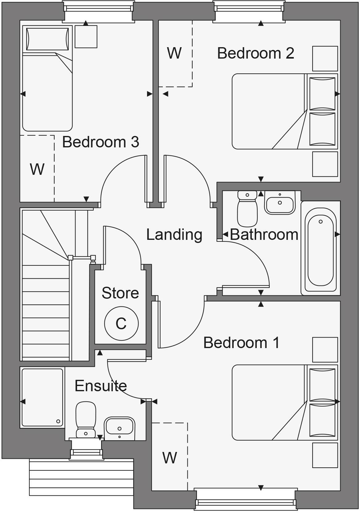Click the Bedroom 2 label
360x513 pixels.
pyautogui.click(x=256, y=53)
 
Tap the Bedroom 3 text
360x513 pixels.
pyautogui.click(x=100, y=142)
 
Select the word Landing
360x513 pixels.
pyautogui.click(x=174, y=235)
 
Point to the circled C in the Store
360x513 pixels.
pyautogui.click(x=121, y=323)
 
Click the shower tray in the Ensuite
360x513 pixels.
pyautogui.click(x=42, y=397)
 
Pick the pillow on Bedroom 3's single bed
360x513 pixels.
pyautogui.click(x=47, y=39)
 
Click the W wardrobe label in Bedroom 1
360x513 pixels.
pyautogui.click(x=170, y=458)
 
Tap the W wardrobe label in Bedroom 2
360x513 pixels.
pyautogui.click(x=174, y=53)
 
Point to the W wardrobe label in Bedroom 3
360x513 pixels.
pyautogui.click(x=37, y=169)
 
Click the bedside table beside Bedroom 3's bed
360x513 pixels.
pyautogui.click(x=86, y=36)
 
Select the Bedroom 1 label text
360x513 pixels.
pyautogui.click(x=241, y=343)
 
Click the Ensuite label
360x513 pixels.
pyautogui.click(x=101, y=386)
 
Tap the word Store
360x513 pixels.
pyautogui.click(x=120, y=293)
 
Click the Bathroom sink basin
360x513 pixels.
pyautogui.click(x=280, y=204)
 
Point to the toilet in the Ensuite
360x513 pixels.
pyautogui.click(x=86, y=419)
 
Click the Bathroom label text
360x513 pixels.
pyautogui.click(x=264, y=235)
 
